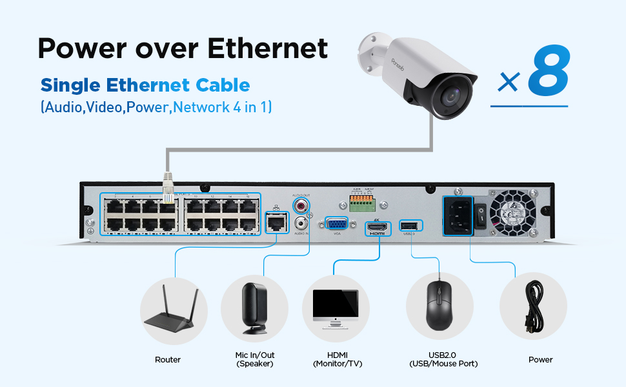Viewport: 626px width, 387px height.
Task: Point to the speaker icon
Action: click(254, 309)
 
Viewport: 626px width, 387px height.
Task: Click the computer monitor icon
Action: click(335, 306)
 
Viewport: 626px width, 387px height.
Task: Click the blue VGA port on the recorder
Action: click(338, 224)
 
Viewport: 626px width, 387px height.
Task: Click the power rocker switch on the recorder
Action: click(481, 218)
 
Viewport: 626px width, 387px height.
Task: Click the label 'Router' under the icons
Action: click(168, 359)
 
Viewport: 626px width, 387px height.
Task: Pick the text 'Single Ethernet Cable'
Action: click(145, 85)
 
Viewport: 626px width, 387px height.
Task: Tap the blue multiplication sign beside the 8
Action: click(509, 82)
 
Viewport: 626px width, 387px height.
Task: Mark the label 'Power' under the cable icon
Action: click(540, 359)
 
